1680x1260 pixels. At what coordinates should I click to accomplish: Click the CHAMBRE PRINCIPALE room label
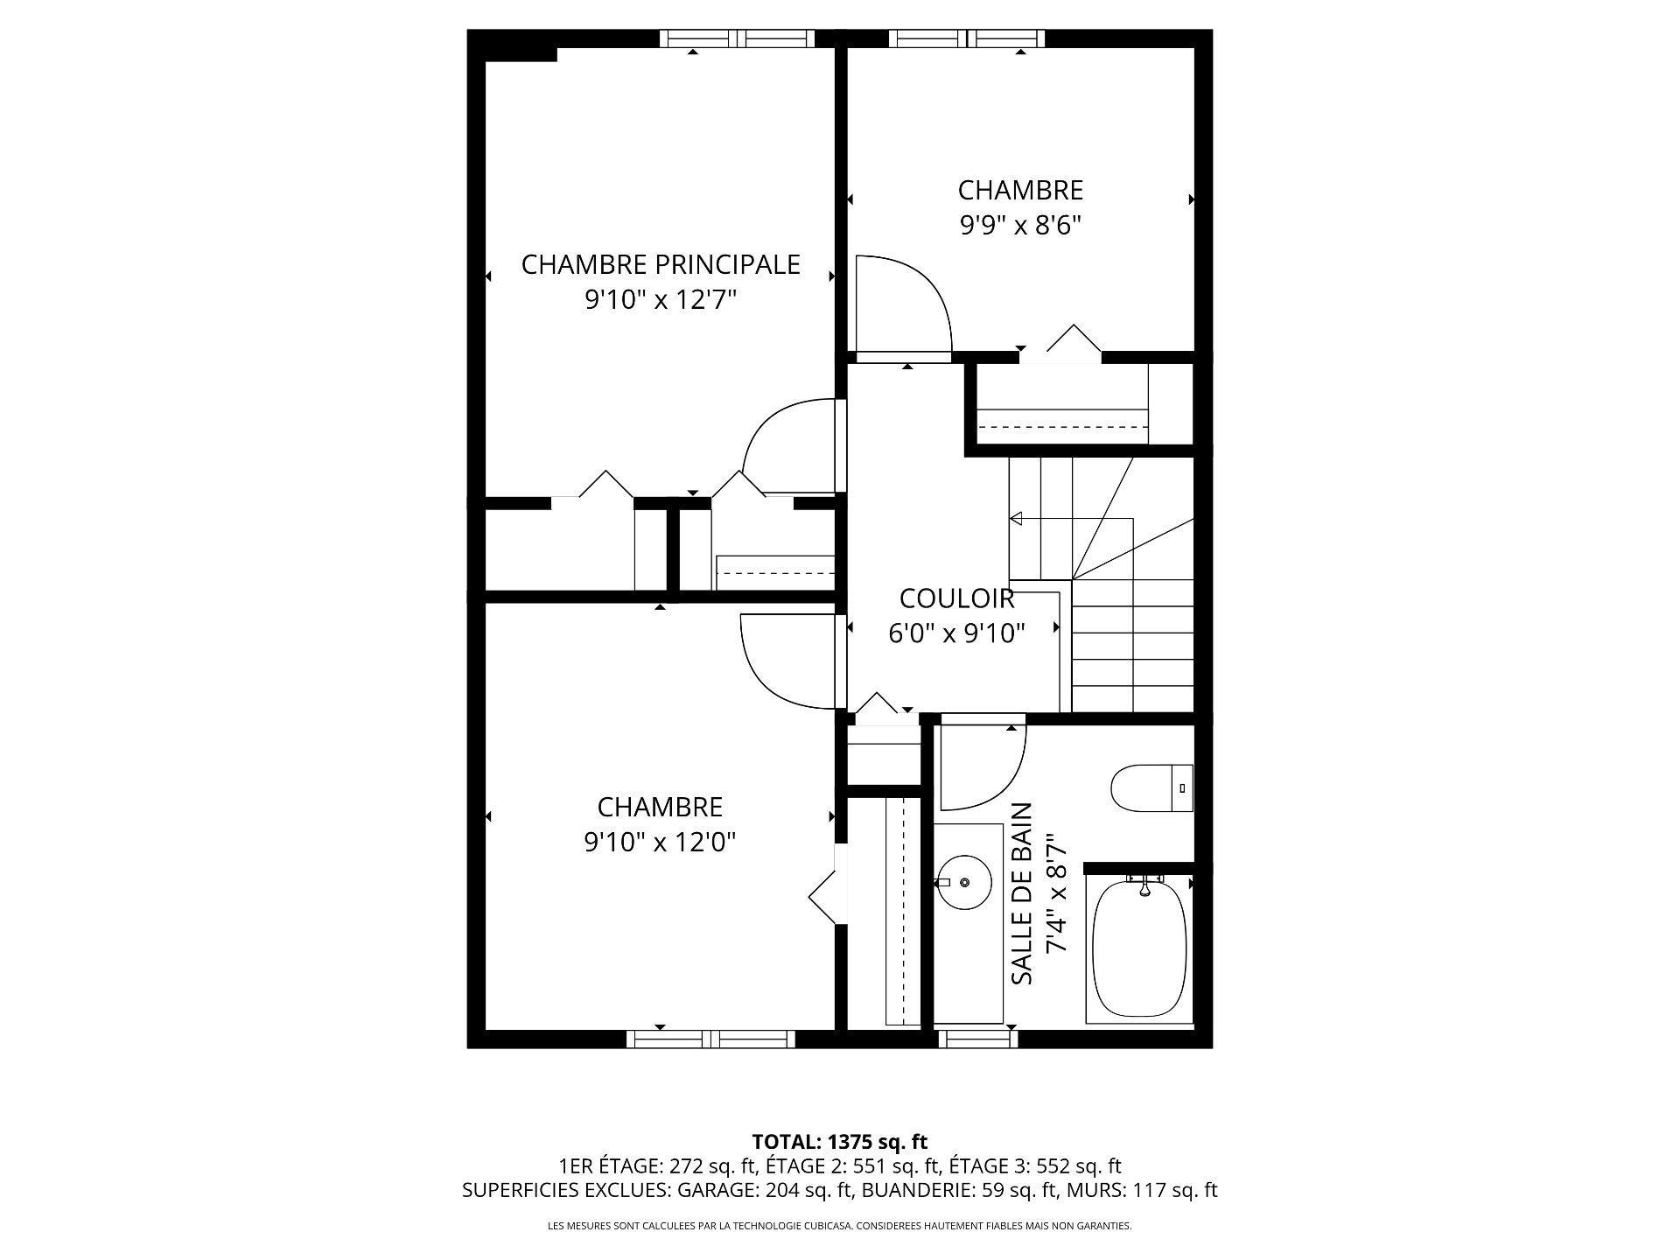pyautogui.click(x=661, y=264)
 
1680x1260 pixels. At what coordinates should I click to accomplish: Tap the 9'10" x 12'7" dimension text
pyautogui.click(x=661, y=300)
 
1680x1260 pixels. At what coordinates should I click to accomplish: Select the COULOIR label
pyautogui.click(x=956, y=598)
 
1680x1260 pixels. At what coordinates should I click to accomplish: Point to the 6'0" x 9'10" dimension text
pyautogui.click(x=956, y=633)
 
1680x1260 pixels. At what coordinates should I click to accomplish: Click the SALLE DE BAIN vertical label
pyautogui.click(x=1022, y=893)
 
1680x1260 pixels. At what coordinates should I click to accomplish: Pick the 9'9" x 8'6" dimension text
pyautogui.click(x=1020, y=226)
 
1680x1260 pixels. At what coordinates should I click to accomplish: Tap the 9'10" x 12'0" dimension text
pyautogui.click(x=660, y=842)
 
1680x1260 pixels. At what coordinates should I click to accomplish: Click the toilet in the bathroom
pyautogui.click(x=1151, y=788)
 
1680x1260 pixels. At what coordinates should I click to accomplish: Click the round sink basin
pyautogui.click(x=963, y=882)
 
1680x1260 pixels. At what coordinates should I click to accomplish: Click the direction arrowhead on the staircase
pyautogui.click(x=1016, y=519)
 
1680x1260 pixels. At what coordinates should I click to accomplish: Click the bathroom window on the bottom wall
pyautogui.click(x=979, y=1039)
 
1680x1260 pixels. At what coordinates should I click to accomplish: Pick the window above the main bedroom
pyautogui.click(x=737, y=38)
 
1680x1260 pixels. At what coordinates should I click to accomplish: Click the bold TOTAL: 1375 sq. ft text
pyautogui.click(x=840, y=1142)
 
